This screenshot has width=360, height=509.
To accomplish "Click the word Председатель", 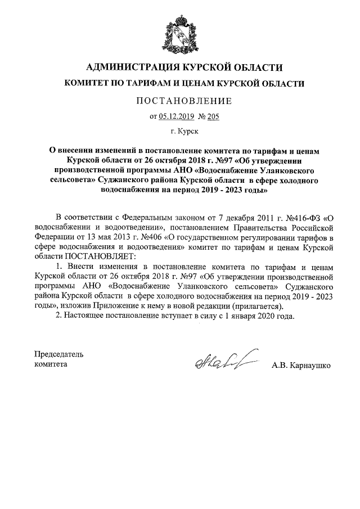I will [58, 354].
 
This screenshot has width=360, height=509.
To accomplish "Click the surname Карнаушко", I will [309, 365].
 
